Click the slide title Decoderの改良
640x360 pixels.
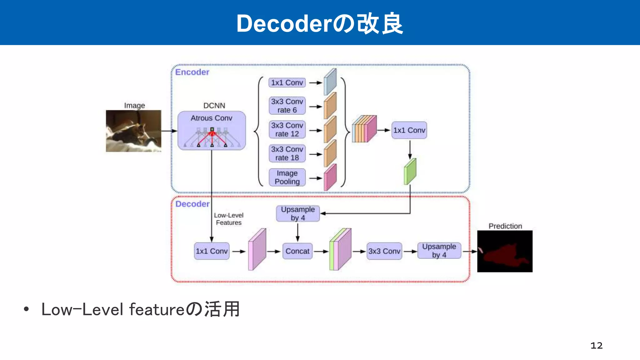click(x=320, y=24)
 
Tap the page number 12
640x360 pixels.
click(x=596, y=345)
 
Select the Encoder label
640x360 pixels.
click(x=192, y=72)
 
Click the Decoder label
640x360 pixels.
click(x=192, y=204)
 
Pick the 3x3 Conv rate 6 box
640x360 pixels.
click(x=287, y=106)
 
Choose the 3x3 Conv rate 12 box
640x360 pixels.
click(x=287, y=129)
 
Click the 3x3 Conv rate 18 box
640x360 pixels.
click(x=287, y=153)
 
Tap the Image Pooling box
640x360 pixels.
click(x=287, y=177)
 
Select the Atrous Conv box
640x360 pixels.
click(x=212, y=130)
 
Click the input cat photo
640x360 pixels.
click(x=133, y=131)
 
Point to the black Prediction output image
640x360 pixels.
click(x=505, y=251)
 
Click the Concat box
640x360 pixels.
click(x=297, y=251)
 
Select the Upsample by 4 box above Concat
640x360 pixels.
click(x=297, y=213)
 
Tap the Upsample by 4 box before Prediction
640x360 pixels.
click(x=439, y=251)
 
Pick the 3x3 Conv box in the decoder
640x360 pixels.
click(x=384, y=251)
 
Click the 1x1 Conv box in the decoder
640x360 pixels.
click(x=212, y=251)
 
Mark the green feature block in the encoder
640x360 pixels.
click(x=410, y=172)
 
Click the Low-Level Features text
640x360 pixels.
click(x=228, y=219)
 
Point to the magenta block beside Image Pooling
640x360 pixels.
click(x=330, y=177)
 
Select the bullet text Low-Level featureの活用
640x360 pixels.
click(x=141, y=309)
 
